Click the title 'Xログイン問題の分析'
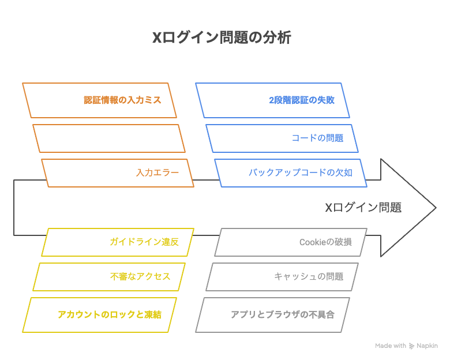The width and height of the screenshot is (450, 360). click(x=222, y=37)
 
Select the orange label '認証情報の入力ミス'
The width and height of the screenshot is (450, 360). click(x=122, y=100)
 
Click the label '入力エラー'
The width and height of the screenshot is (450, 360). click(x=157, y=172)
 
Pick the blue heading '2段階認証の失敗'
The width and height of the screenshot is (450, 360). click(x=302, y=100)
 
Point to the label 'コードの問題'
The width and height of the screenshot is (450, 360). click(x=317, y=138)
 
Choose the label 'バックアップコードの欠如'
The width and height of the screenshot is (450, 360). click(x=300, y=172)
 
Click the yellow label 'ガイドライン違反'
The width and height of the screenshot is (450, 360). click(x=144, y=242)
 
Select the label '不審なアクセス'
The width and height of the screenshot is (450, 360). click(x=140, y=276)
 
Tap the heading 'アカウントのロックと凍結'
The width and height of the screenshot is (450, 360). click(x=110, y=314)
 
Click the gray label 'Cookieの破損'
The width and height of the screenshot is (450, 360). click(x=325, y=242)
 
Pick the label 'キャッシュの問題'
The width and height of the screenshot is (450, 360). click(x=309, y=276)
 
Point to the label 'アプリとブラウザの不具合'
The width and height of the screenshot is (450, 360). click(x=283, y=314)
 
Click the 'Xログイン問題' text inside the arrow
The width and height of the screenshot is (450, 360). click(x=363, y=207)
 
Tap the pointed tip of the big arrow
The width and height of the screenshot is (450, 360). click(x=436, y=208)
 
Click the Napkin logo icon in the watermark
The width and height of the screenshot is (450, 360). click(x=411, y=346)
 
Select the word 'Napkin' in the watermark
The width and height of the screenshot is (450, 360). click(x=427, y=346)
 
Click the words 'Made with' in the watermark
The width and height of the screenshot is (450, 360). click(x=391, y=346)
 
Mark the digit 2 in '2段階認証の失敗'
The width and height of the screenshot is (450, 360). click(x=271, y=100)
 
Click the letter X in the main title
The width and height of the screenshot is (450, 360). click(x=157, y=37)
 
